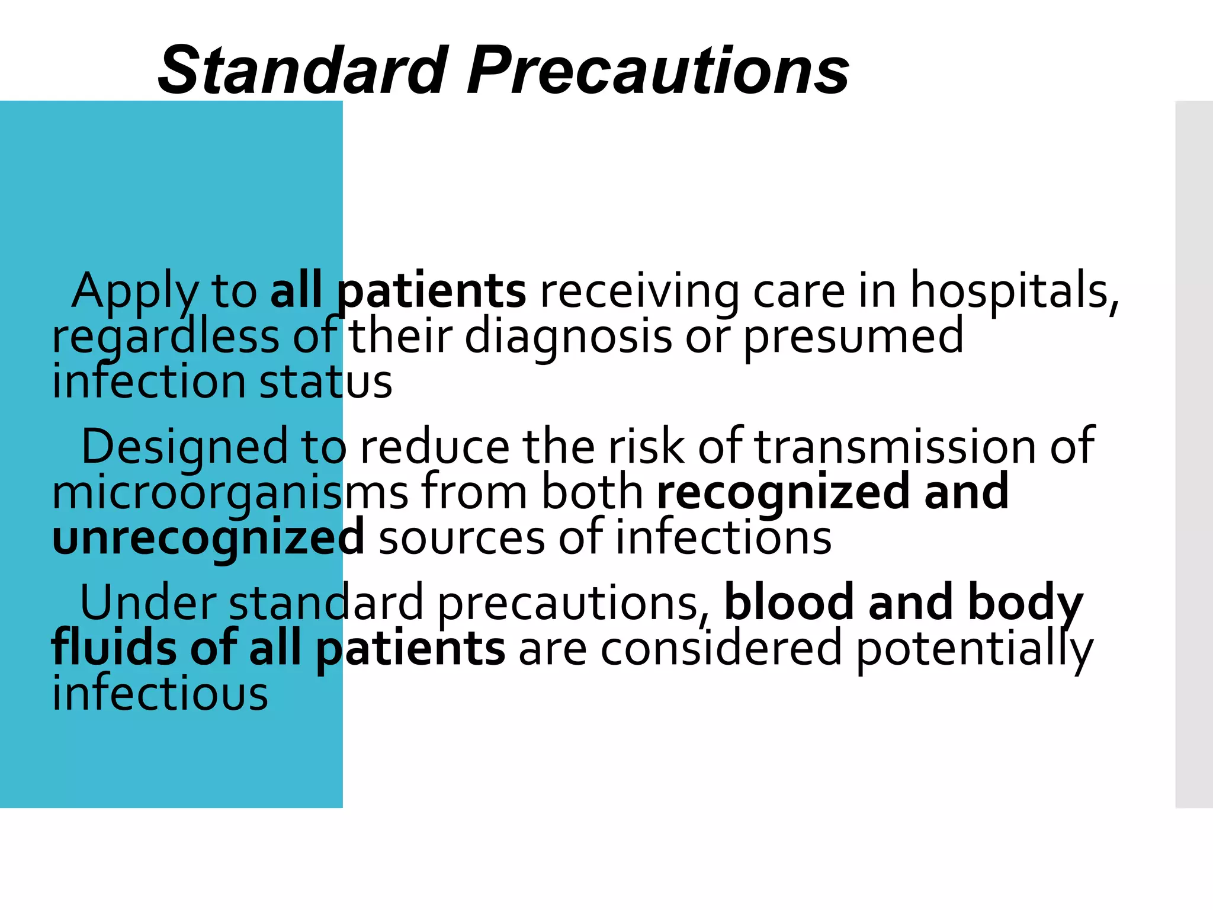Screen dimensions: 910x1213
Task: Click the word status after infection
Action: [x=326, y=382]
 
